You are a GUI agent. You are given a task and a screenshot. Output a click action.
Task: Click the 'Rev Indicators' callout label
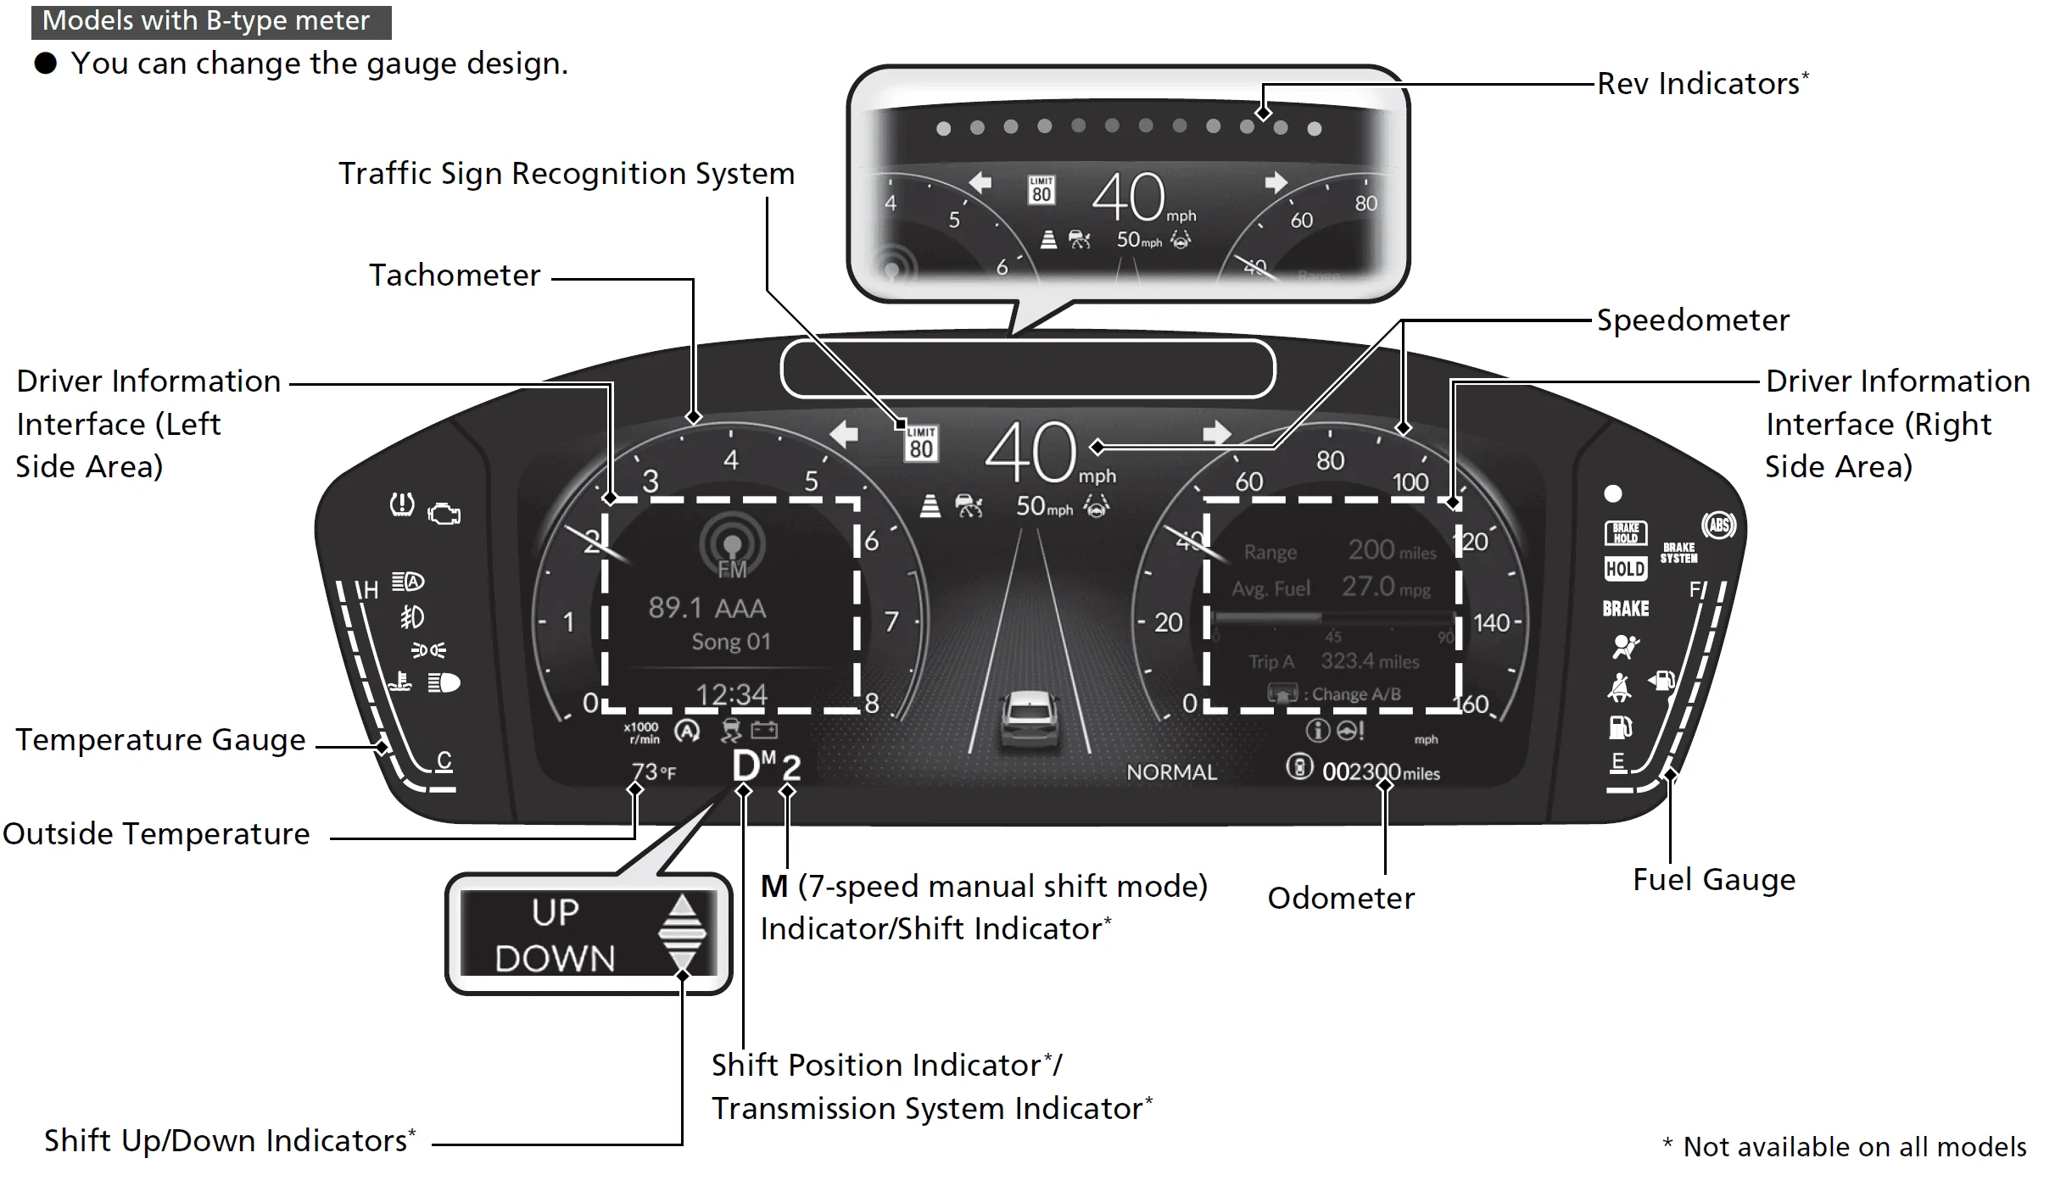click(x=1698, y=84)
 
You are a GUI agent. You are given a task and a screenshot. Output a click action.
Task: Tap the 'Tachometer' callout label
click(x=455, y=276)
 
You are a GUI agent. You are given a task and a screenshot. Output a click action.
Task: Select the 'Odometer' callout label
click(x=1341, y=898)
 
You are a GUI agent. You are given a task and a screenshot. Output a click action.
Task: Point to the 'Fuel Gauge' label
click(x=1714, y=880)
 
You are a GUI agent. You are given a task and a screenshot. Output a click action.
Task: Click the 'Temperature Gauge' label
click(x=161, y=740)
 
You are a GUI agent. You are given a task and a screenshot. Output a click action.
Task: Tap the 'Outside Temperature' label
click(x=157, y=834)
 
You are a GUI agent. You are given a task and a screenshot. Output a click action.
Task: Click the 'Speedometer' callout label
click(x=1693, y=320)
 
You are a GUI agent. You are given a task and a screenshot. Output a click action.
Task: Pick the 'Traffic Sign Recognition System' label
click(x=567, y=174)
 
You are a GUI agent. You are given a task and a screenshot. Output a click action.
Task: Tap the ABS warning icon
click(x=1718, y=526)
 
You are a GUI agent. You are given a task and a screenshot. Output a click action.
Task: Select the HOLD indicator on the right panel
click(x=1625, y=569)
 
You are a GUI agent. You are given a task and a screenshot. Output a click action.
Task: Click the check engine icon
click(x=444, y=514)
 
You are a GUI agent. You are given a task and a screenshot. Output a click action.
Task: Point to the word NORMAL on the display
click(x=1171, y=772)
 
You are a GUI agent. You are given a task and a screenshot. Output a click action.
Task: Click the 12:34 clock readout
click(x=731, y=695)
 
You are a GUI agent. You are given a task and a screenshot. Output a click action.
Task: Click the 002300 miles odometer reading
click(x=1381, y=772)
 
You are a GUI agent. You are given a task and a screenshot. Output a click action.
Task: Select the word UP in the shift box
click(x=556, y=913)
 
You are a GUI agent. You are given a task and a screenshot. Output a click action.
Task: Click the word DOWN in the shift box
click(x=555, y=959)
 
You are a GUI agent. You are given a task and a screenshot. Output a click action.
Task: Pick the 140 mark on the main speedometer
click(x=1492, y=623)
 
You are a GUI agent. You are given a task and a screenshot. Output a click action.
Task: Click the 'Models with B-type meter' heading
click(x=207, y=21)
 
